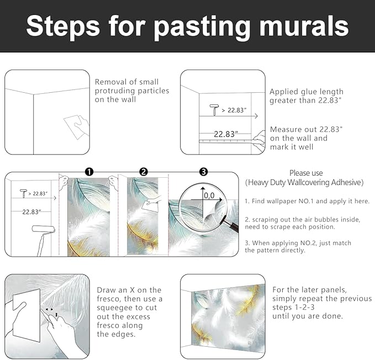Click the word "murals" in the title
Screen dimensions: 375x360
click(x=304, y=26)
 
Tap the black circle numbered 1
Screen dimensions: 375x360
click(x=89, y=172)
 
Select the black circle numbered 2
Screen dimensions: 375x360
click(x=144, y=172)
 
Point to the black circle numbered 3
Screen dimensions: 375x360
click(x=204, y=172)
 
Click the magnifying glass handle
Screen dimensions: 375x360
click(x=232, y=224)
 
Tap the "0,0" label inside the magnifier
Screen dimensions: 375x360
click(x=209, y=196)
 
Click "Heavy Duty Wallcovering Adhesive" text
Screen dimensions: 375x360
click(x=304, y=182)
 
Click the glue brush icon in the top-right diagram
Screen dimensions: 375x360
click(x=214, y=110)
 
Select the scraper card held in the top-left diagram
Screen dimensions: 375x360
click(x=75, y=127)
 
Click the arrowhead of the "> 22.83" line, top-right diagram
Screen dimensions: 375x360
click(x=256, y=116)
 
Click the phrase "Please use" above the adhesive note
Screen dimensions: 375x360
click(x=306, y=173)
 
